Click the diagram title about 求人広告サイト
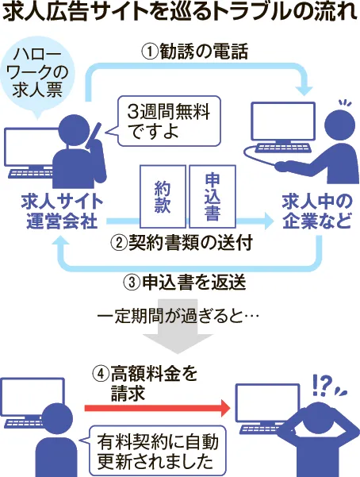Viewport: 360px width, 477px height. coord(180,13)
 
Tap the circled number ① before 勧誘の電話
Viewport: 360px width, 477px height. coord(150,52)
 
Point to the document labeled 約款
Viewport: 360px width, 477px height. coord(163,197)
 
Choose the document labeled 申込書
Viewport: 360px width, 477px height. coord(213,197)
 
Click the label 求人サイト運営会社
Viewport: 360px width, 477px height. coord(62,211)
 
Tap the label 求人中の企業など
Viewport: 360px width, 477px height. coord(317,211)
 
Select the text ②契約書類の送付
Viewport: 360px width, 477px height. coord(182,243)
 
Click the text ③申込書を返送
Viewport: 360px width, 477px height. coord(185,283)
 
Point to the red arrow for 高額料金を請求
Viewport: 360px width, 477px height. coord(157,408)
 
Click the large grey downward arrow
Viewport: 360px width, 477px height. coord(178,326)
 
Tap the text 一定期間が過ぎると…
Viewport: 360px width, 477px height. coord(178,317)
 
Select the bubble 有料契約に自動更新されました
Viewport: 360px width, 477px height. coord(158,451)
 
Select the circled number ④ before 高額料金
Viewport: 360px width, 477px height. coord(101,374)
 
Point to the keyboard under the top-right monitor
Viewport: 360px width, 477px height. coord(283,148)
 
